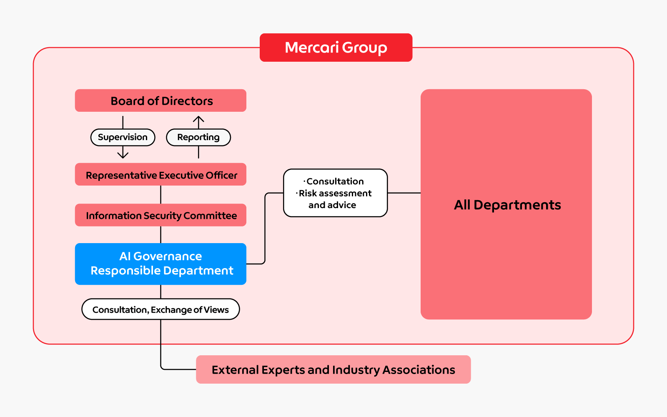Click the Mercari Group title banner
(x=336, y=48)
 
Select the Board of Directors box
(x=160, y=100)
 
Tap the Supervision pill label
(x=123, y=137)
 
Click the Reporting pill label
(x=198, y=137)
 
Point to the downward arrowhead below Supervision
(x=123, y=155)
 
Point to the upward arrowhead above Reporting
(x=198, y=119)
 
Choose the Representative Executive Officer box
(x=160, y=174)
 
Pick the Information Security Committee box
(x=160, y=215)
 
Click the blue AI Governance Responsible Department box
(x=160, y=264)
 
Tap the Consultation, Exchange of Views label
(x=160, y=309)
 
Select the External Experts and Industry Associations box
(x=333, y=369)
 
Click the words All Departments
(x=507, y=205)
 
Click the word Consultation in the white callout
(x=335, y=181)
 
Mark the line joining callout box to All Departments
(x=404, y=193)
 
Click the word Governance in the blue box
(x=168, y=256)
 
